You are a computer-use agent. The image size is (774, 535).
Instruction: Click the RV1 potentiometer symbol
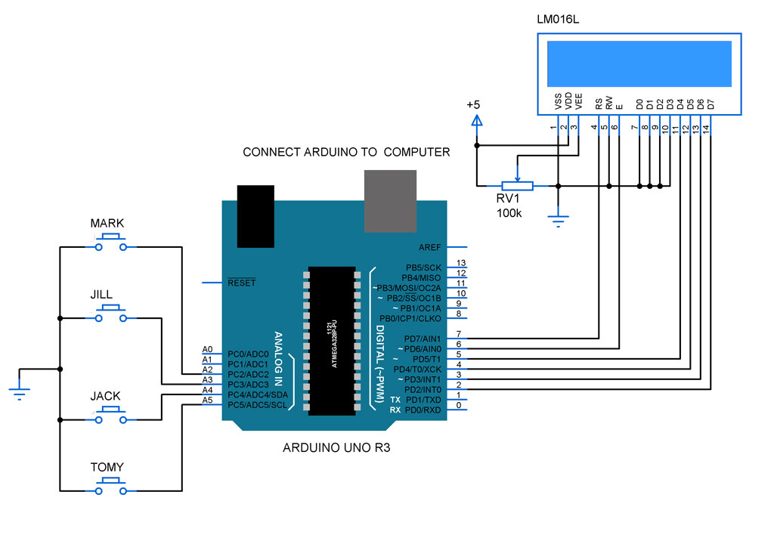click(x=516, y=185)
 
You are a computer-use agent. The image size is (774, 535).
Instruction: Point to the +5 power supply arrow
click(x=476, y=120)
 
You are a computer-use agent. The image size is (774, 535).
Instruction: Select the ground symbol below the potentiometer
click(x=558, y=220)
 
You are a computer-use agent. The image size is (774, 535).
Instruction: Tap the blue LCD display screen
click(x=638, y=63)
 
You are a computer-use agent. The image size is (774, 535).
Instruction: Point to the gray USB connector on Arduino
click(x=390, y=200)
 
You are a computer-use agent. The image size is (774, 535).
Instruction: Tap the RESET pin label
click(x=242, y=283)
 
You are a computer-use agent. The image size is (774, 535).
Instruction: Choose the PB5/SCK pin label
click(x=423, y=267)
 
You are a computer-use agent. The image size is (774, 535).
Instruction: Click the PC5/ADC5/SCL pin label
click(x=258, y=405)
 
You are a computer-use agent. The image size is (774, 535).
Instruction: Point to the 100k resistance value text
click(x=509, y=214)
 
